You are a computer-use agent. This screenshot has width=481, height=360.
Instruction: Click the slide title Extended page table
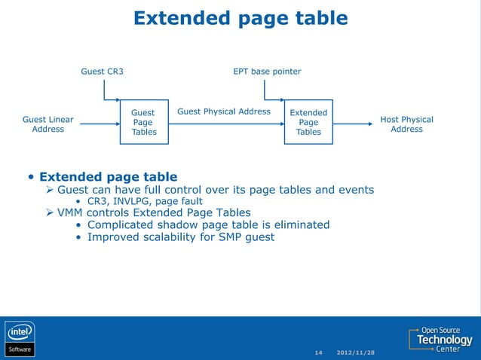240,18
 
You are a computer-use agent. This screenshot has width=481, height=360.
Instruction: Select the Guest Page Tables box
143,122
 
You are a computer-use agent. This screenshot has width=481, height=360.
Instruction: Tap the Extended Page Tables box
308,122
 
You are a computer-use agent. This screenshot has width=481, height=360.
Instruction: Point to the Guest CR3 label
103,72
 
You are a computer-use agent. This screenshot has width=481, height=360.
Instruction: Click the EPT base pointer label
267,72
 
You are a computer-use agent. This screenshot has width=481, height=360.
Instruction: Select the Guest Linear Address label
48,124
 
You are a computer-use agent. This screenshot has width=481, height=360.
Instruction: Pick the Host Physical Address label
406,124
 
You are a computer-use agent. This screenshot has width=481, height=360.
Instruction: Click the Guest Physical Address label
223,112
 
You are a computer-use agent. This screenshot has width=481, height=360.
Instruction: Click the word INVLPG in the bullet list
131,202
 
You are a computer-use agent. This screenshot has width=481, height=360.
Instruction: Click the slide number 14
318,352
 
